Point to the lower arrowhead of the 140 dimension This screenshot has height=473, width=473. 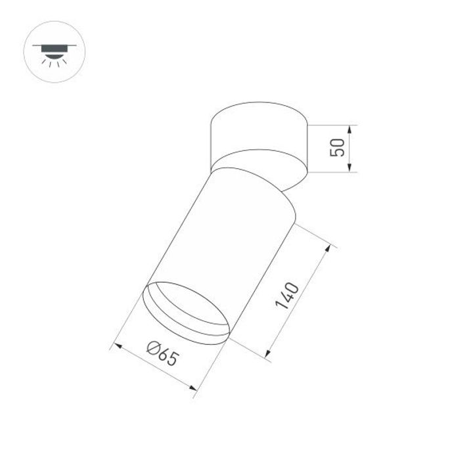[269, 355]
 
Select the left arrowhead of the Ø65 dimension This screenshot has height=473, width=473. [119, 346]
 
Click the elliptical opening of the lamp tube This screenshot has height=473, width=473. [187, 313]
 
